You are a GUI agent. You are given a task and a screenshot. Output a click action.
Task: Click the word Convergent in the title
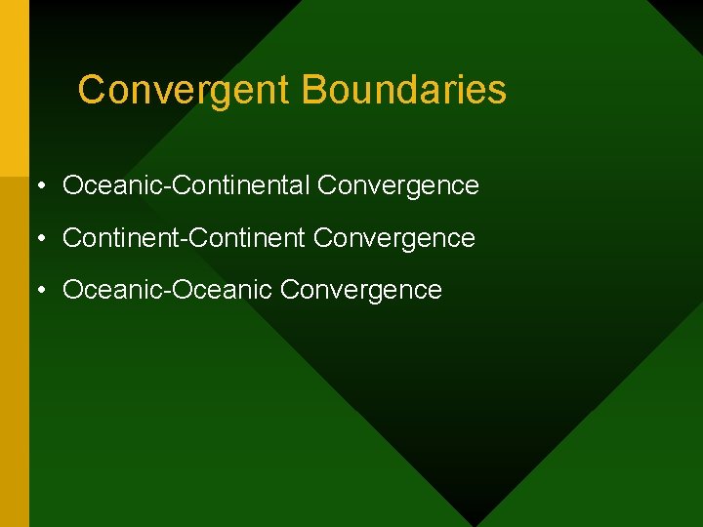(x=185, y=91)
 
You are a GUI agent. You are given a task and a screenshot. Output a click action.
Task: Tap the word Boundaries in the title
(x=404, y=90)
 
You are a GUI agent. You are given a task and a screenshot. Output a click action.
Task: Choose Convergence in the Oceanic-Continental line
(x=398, y=185)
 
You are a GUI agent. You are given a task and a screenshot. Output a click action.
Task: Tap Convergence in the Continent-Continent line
(x=395, y=238)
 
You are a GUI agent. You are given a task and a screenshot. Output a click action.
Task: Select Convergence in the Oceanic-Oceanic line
(x=361, y=291)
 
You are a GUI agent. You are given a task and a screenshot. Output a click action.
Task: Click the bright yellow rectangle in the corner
(x=14, y=88)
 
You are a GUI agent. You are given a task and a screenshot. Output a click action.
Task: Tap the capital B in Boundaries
(x=313, y=90)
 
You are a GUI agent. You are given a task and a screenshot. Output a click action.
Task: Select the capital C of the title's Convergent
(x=91, y=90)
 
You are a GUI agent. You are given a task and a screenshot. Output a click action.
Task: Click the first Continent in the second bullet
(x=121, y=238)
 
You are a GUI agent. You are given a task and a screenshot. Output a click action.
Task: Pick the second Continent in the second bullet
(x=248, y=238)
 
